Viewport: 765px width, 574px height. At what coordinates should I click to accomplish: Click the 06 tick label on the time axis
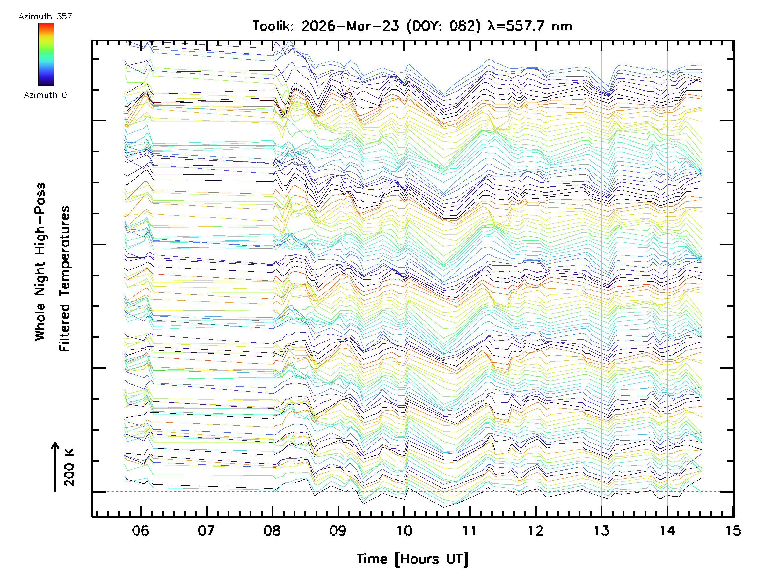(x=141, y=531)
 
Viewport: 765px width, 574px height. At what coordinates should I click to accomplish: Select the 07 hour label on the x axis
(x=206, y=531)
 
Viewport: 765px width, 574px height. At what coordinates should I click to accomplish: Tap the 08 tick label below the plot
(x=272, y=531)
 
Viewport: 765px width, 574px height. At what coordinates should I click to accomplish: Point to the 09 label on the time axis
(x=338, y=531)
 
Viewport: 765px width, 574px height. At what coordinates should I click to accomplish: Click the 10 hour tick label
(x=404, y=531)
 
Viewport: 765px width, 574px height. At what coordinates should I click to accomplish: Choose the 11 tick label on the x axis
(x=470, y=531)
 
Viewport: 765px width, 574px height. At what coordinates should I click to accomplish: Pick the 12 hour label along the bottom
(x=536, y=531)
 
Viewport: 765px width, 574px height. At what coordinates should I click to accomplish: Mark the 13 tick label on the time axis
(x=602, y=531)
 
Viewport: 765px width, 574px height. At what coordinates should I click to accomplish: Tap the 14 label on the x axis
(x=667, y=531)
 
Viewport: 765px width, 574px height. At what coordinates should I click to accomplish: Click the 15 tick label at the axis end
(x=733, y=531)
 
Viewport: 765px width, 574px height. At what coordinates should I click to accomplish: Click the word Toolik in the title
(x=273, y=26)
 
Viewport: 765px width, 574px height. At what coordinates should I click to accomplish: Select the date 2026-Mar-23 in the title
(x=350, y=26)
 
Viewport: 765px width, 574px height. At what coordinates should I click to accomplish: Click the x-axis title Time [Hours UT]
(x=412, y=559)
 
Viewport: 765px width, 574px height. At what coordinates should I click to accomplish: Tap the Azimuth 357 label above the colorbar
(x=45, y=17)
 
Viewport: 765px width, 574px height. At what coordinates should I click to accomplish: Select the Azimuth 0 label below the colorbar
(x=45, y=95)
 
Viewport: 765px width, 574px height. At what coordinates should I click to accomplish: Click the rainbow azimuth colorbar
(x=46, y=54)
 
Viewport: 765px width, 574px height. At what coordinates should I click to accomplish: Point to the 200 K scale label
(x=69, y=467)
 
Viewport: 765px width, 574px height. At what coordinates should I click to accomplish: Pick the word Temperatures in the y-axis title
(x=64, y=279)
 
